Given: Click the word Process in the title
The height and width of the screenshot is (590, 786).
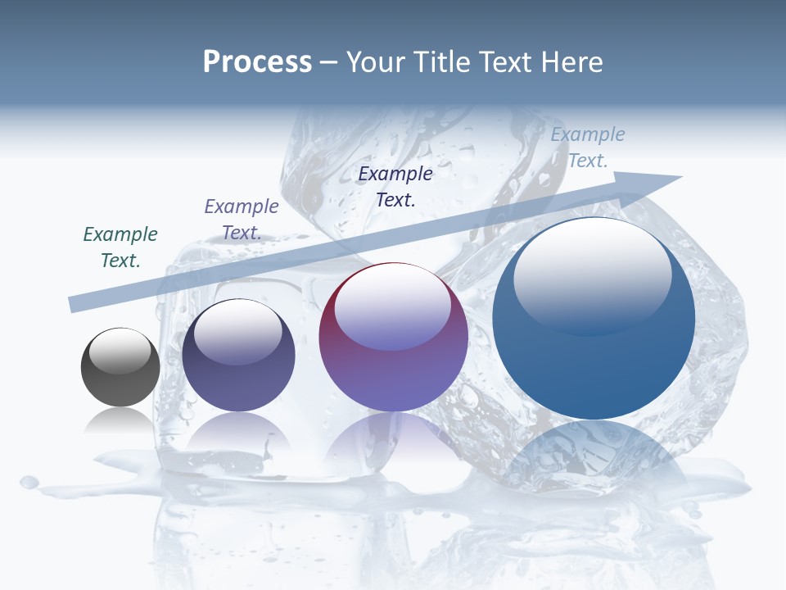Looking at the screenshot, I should tap(257, 62).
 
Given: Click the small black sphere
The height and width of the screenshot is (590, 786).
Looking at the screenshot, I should tap(120, 368).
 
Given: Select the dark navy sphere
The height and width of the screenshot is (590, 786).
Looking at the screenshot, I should tap(238, 356).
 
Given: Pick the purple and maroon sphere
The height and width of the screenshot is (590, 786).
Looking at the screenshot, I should tap(393, 338).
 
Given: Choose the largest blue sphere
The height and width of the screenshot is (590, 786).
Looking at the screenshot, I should tap(594, 319).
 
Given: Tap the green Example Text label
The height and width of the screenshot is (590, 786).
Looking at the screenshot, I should tap(120, 247).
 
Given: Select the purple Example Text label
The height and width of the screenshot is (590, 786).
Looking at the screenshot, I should tap(242, 219).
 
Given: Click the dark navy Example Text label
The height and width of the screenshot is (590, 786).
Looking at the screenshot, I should tap(395, 186).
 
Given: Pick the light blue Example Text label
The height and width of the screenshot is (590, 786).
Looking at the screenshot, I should tap(588, 147).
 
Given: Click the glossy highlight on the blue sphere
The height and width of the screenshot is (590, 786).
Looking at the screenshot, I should tap(592, 275).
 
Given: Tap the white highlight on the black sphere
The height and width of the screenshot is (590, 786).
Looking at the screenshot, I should tap(120, 351).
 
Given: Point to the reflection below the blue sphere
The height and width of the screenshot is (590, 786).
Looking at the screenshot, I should tap(594, 459).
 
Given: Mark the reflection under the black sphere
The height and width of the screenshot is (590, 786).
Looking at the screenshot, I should tap(120, 420).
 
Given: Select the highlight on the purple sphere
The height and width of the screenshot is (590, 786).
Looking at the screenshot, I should tap(392, 306).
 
